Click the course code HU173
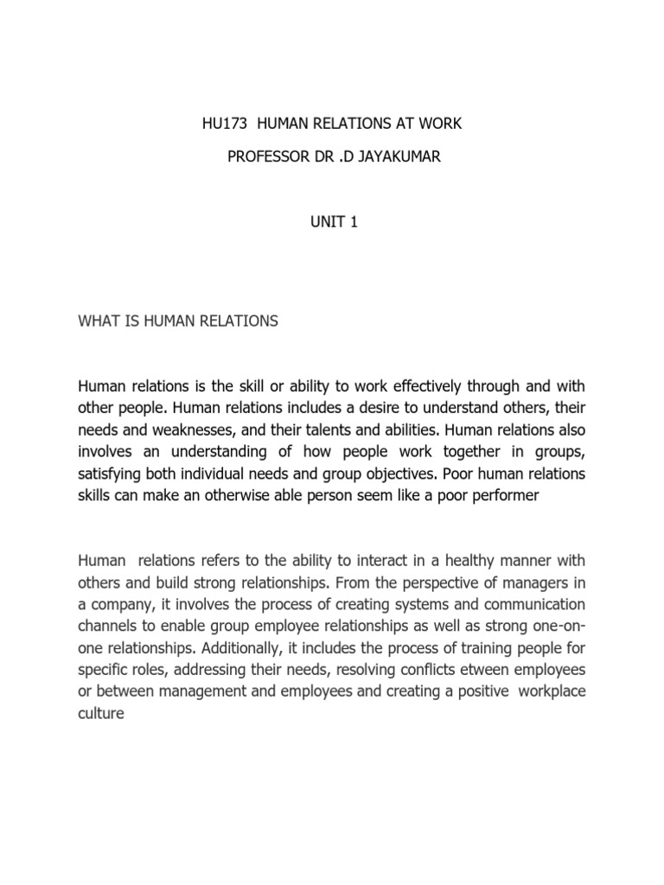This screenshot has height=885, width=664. pyautogui.click(x=220, y=124)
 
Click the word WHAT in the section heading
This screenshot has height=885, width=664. pyautogui.click(x=98, y=321)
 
